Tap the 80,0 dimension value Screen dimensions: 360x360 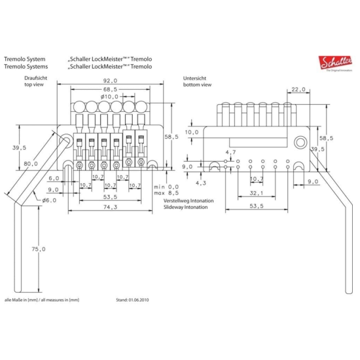coord(31,164)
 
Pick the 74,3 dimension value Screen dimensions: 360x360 coord(110,207)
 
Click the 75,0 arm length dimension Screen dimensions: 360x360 coord(40,249)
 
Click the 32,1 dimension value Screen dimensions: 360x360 coord(256,194)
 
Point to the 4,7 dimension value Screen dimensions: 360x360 coord(230,153)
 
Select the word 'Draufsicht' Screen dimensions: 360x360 coord(37,77)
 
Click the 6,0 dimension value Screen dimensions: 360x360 coord(54,177)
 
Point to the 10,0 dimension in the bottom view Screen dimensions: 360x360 coord(191,132)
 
